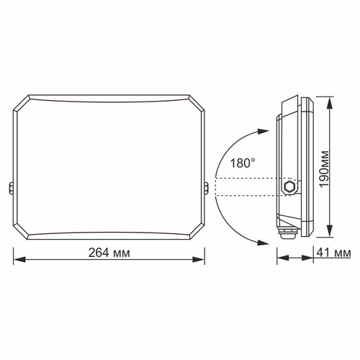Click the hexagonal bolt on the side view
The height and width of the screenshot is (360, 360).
[x=290, y=186]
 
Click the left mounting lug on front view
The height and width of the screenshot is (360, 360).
[x=12, y=188]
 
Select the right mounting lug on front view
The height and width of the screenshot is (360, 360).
[x=208, y=188]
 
